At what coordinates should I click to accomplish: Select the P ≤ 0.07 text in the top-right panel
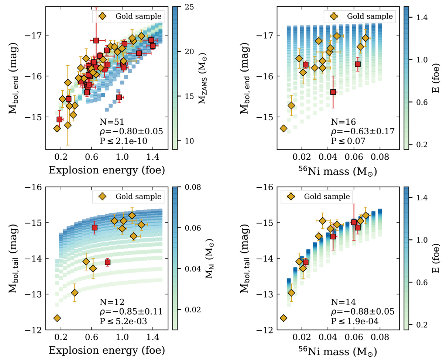(x=348, y=141)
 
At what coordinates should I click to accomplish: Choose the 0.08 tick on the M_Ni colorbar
(x=186, y=187)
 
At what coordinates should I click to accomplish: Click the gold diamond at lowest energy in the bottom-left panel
(x=57, y=318)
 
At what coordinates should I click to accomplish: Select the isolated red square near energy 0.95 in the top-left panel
(x=119, y=97)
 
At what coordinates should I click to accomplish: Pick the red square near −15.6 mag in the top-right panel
(x=333, y=92)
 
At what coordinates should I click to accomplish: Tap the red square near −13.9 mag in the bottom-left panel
(x=107, y=262)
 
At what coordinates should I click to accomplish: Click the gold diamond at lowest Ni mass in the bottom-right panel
(x=284, y=318)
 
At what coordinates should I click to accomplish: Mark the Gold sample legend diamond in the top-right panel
(x=334, y=16)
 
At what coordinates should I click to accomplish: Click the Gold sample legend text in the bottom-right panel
(x=327, y=196)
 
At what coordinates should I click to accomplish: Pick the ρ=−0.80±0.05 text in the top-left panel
(x=131, y=131)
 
